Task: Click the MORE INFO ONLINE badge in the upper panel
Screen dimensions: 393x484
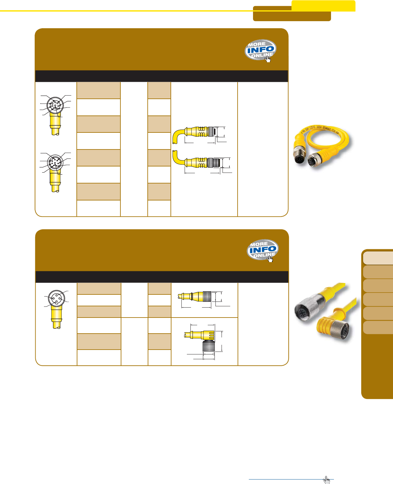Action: pyautogui.click(x=260, y=50)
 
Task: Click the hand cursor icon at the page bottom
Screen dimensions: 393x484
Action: pyautogui.click(x=327, y=480)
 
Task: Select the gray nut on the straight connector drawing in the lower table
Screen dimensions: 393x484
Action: pyautogui.click(x=207, y=296)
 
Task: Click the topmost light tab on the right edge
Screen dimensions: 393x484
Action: pyautogui.click(x=378, y=258)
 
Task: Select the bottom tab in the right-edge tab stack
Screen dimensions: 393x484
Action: pyautogui.click(x=378, y=327)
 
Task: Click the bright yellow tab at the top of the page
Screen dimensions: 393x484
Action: pyautogui.click(x=323, y=5)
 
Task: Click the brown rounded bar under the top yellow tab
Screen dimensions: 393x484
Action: pyautogui.click(x=292, y=16)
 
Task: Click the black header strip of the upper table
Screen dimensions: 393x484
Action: pyautogui.click(x=162, y=76)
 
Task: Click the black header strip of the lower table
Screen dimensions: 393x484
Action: pyautogui.click(x=162, y=276)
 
